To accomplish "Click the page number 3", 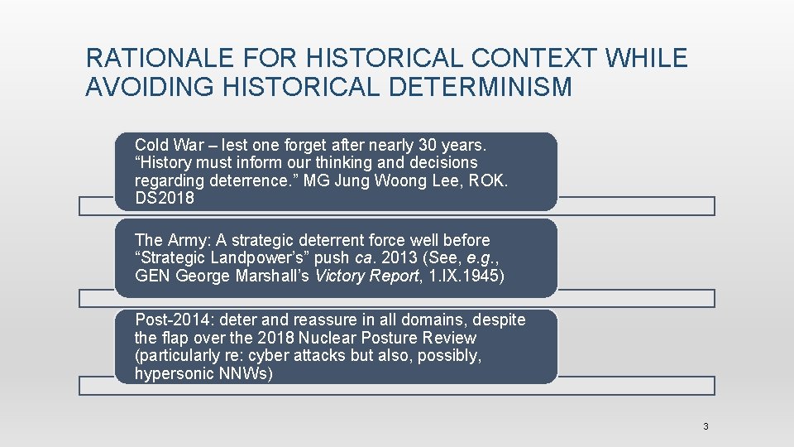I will [706, 426].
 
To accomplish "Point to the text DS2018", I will [165, 198].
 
